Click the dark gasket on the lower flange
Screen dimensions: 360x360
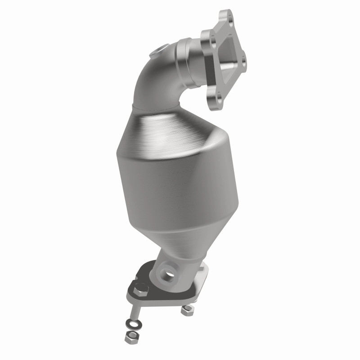148,283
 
